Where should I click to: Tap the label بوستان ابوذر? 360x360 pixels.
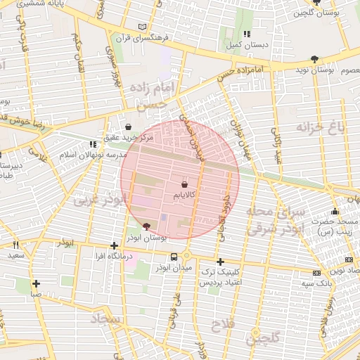pyautogui.click(x=147, y=238)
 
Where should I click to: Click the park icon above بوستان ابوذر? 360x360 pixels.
pyautogui.click(x=146, y=226)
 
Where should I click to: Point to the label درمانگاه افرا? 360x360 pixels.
pyautogui.click(x=115, y=257)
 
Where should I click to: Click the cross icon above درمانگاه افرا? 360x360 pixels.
pyautogui.click(x=115, y=246)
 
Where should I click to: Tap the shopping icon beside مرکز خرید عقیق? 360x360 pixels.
pyautogui.click(x=128, y=127)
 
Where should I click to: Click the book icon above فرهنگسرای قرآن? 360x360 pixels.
pyautogui.click(x=144, y=26)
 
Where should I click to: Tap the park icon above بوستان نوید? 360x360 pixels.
pyautogui.click(x=314, y=60)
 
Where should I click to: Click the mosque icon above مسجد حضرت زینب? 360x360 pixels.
pyautogui.click(x=335, y=212)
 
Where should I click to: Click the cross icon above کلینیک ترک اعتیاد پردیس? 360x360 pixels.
pyautogui.click(x=221, y=262)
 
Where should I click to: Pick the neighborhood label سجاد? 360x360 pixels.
pyautogui.click(x=106, y=320)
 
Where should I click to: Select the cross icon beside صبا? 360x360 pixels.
pyautogui.click(x=36, y=284)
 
